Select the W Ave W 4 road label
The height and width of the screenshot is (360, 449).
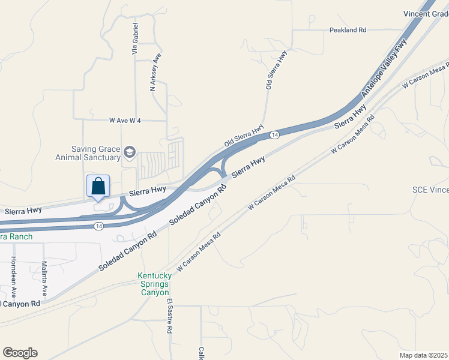click(125, 121)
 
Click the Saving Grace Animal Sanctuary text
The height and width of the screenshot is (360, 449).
click(87, 154)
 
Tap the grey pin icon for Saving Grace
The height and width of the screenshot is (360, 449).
click(129, 154)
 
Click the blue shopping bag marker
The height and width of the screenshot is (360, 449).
click(98, 187)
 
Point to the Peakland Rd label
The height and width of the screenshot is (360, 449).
click(348, 30)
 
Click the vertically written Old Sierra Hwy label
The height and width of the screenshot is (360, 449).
click(276, 70)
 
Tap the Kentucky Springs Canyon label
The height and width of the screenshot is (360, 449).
click(155, 284)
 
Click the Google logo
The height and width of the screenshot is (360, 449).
click(20, 353)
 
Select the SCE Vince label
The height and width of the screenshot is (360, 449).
click(430, 190)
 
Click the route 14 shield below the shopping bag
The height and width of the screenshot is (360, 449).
click(98, 226)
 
